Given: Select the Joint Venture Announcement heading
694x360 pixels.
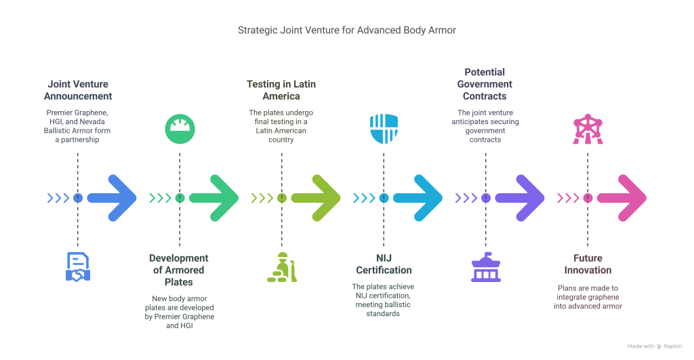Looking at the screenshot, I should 77,91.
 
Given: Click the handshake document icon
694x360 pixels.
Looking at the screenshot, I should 78,266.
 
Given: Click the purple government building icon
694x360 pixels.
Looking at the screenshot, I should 485,266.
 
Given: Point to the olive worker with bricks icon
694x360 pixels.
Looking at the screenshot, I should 281,266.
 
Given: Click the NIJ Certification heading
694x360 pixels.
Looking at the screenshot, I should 384,264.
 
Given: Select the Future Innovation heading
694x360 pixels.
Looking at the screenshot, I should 587,264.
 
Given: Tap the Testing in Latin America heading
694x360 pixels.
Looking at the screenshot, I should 281,91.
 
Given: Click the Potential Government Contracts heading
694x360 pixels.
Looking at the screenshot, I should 485,84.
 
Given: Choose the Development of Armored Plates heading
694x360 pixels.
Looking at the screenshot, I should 179,270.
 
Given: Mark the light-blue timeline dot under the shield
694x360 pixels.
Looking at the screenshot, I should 384,198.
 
